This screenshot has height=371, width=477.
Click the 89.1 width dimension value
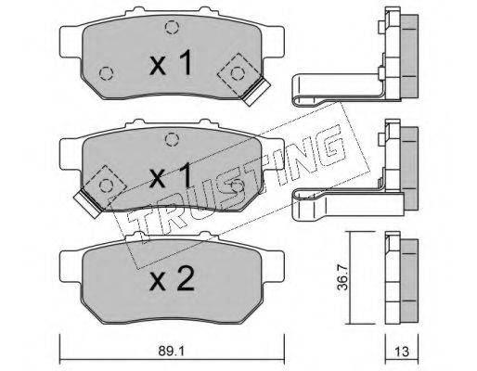tap(172, 351)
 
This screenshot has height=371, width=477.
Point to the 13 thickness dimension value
tap(402, 352)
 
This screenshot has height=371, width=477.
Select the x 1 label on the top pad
tap(171, 63)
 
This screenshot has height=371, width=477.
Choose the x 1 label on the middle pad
tap(171, 176)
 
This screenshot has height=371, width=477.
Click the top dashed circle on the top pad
tap(172, 27)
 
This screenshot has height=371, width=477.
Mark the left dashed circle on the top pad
tap(107, 73)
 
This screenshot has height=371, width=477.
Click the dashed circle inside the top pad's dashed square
tap(238, 73)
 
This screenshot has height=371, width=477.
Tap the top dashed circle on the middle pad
tap(172, 140)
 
